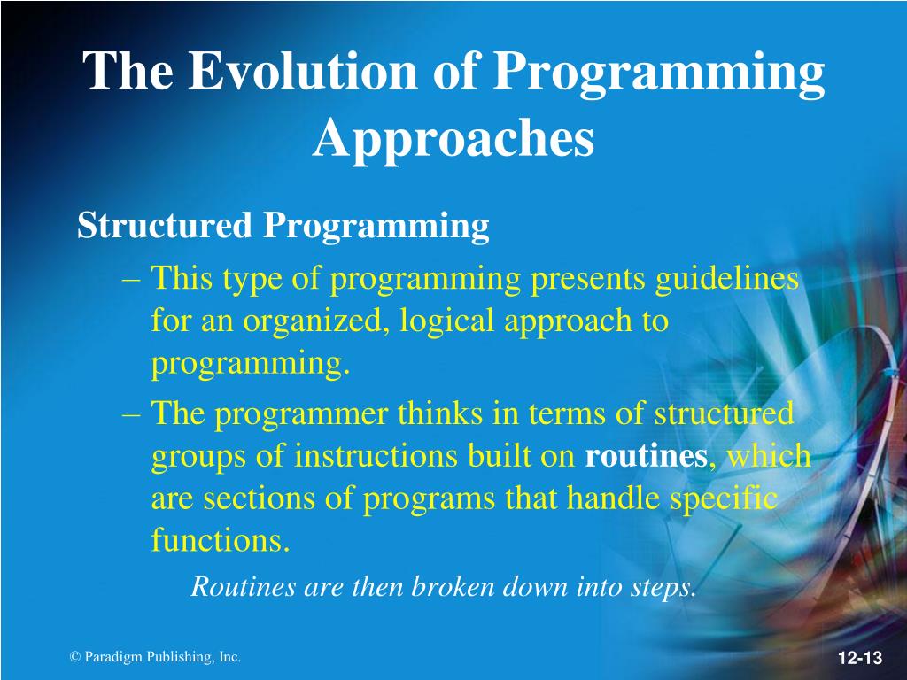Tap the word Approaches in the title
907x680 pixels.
(x=453, y=139)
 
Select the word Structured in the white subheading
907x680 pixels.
(x=165, y=225)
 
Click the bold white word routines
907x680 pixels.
(x=646, y=456)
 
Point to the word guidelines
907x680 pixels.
(x=727, y=280)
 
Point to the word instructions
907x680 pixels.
(x=376, y=456)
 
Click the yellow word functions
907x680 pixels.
(x=221, y=540)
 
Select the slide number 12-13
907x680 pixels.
(x=860, y=658)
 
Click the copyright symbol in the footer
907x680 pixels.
(x=74, y=657)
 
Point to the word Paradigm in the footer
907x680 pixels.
(x=113, y=658)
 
